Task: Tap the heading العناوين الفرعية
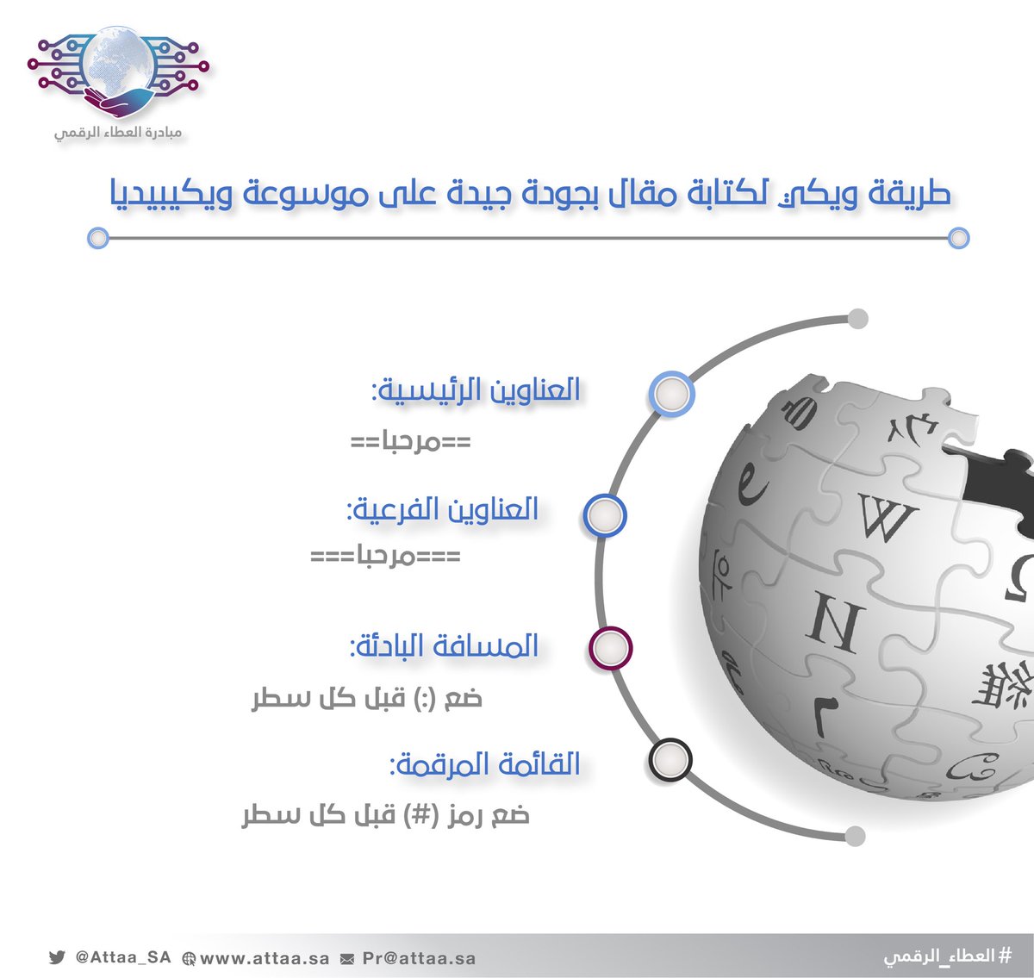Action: (442, 509)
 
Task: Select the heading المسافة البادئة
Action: (445, 645)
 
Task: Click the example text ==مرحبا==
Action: (411, 442)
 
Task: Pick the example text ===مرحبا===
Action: (385, 557)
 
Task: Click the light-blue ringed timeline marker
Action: (671, 394)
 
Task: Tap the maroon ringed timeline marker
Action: (610, 648)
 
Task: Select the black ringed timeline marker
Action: (670, 760)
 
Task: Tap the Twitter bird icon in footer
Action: (57, 957)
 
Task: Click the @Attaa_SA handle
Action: (123, 957)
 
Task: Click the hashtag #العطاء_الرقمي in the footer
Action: (948, 956)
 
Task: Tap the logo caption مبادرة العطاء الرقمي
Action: (118, 132)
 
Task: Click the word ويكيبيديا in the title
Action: (171, 195)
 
